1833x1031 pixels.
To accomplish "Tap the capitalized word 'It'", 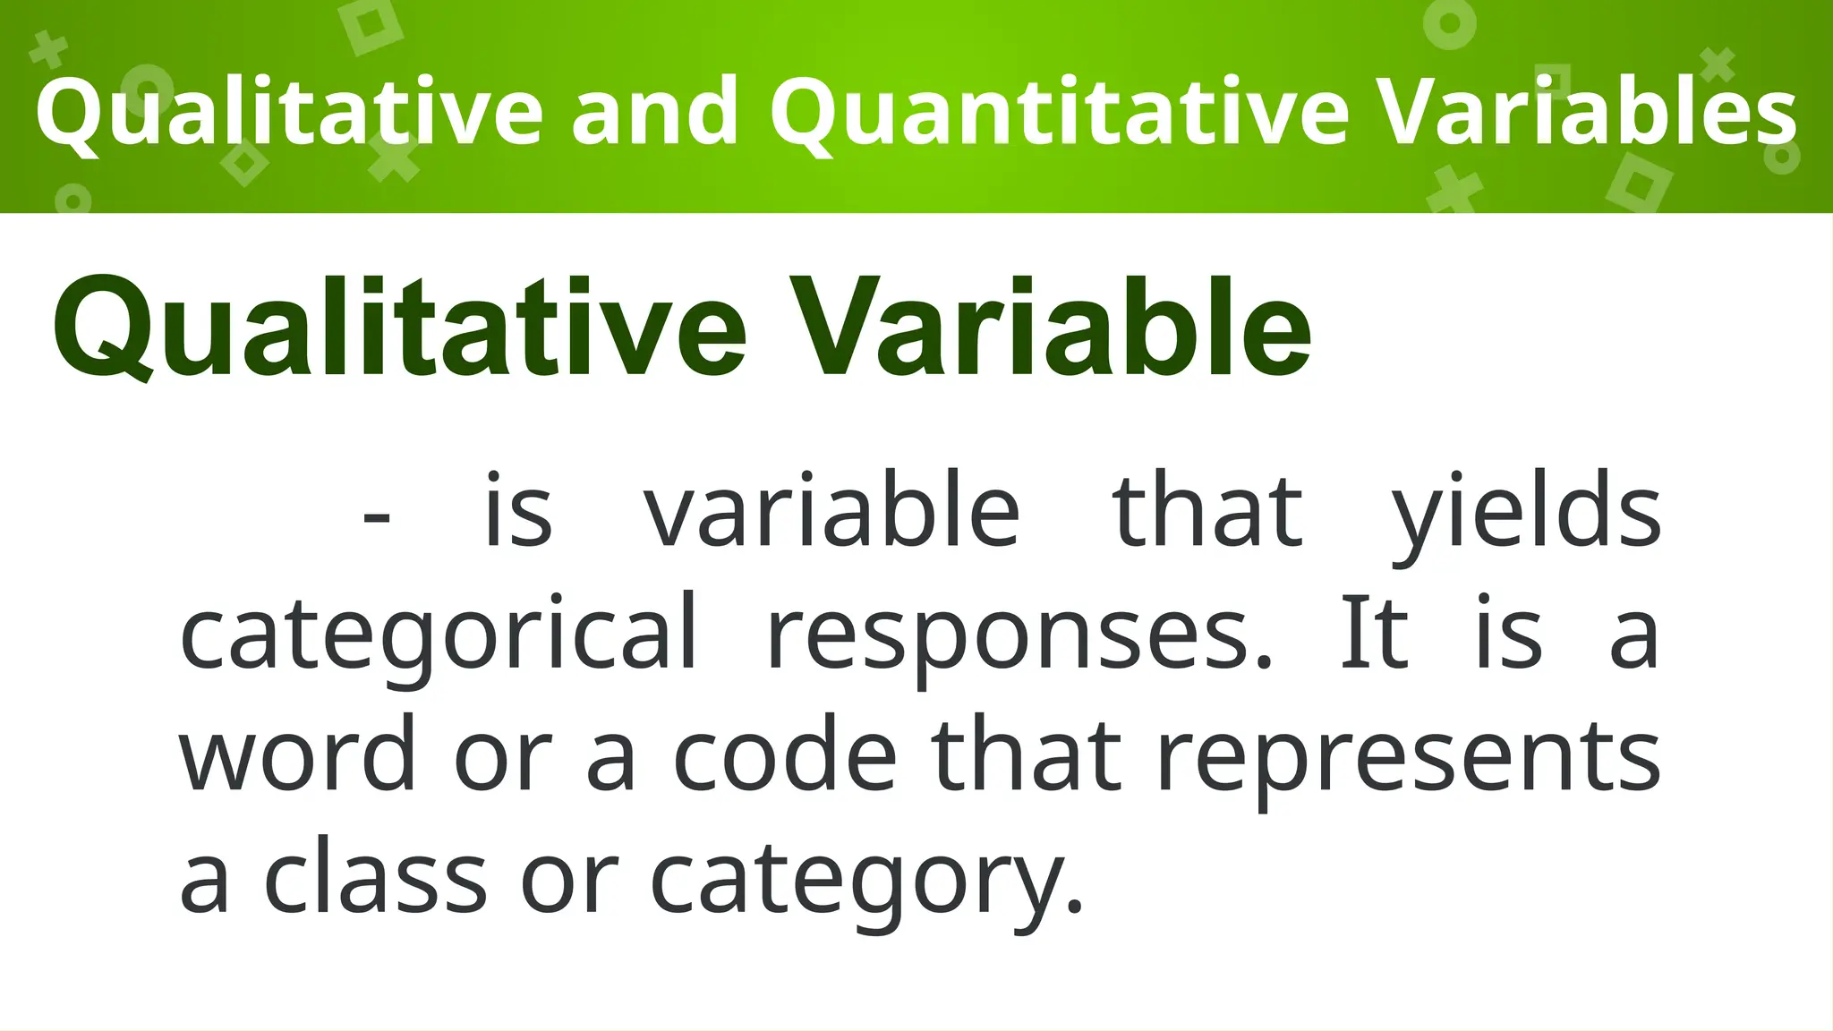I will click(x=1374, y=634).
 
